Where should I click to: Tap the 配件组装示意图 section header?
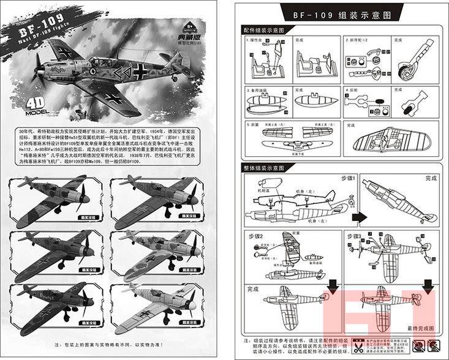click(x=263, y=29)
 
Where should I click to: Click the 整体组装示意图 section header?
click(x=263, y=167)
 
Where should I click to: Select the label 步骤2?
click(x=255, y=236)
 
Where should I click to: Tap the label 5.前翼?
click(x=252, y=123)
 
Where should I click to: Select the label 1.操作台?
click(x=255, y=40)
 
